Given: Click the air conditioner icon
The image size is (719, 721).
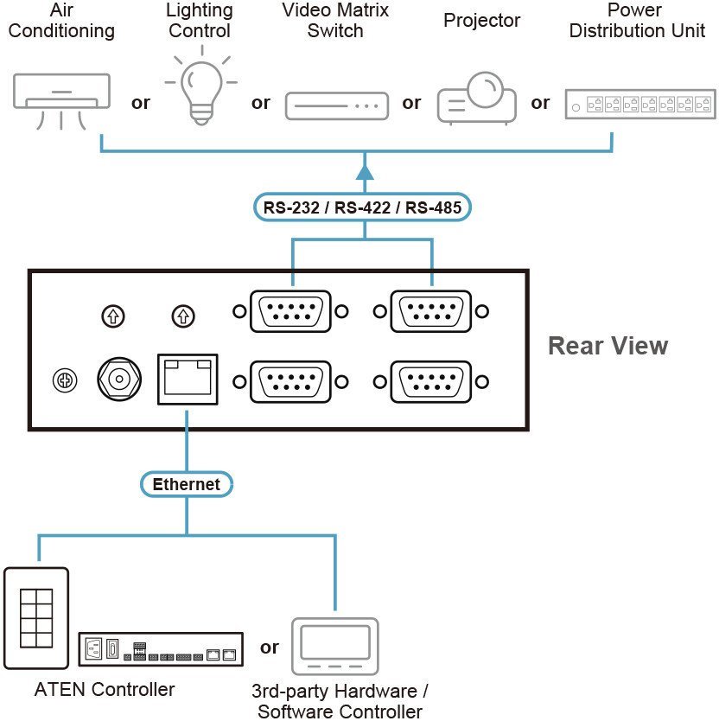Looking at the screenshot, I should click(x=62, y=99).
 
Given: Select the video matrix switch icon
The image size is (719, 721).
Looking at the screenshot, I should click(x=334, y=105).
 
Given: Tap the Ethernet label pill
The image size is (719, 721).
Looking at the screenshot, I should click(x=187, y=484).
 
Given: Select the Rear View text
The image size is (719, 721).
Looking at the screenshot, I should click(x=608, y=346).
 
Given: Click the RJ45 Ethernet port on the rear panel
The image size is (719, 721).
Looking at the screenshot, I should click(x=188, y=378).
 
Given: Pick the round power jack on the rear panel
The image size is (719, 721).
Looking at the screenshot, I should click(x=119, y=378).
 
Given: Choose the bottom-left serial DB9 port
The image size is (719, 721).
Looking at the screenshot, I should click(x=290, y=380).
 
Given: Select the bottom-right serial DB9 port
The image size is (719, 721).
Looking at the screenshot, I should click(x=431, y=380).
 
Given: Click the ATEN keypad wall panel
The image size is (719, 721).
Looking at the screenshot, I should click(x=36, y=617).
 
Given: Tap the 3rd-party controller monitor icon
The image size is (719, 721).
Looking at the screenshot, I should click(x=334, y=647).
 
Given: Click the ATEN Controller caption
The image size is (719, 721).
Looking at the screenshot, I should click(x=105, y=690).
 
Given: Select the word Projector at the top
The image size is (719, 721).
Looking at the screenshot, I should click(x=481, y=20).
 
